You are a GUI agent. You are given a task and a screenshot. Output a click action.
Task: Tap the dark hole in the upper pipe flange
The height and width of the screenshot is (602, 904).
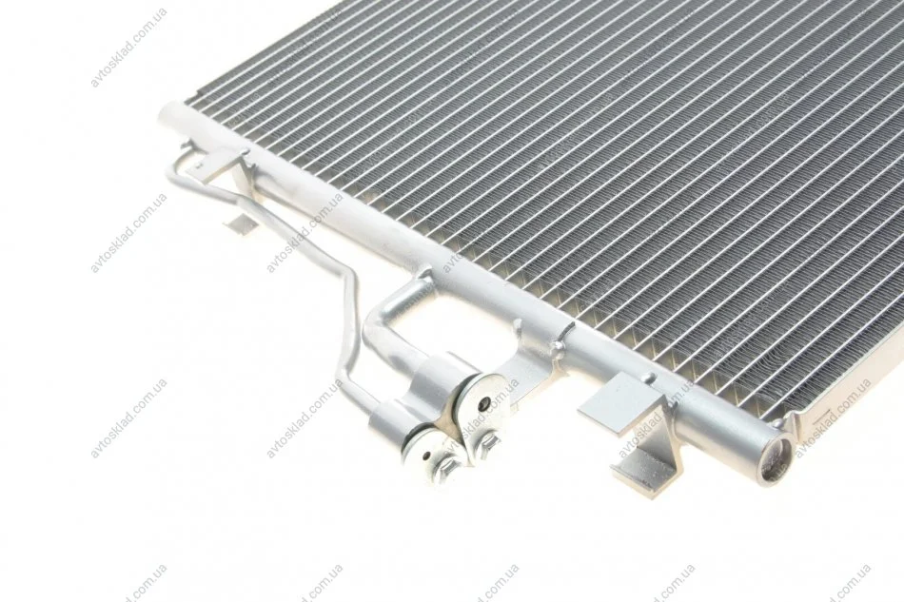(484, 403)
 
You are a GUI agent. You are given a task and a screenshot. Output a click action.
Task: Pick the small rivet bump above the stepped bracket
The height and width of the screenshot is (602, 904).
(651, 378)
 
